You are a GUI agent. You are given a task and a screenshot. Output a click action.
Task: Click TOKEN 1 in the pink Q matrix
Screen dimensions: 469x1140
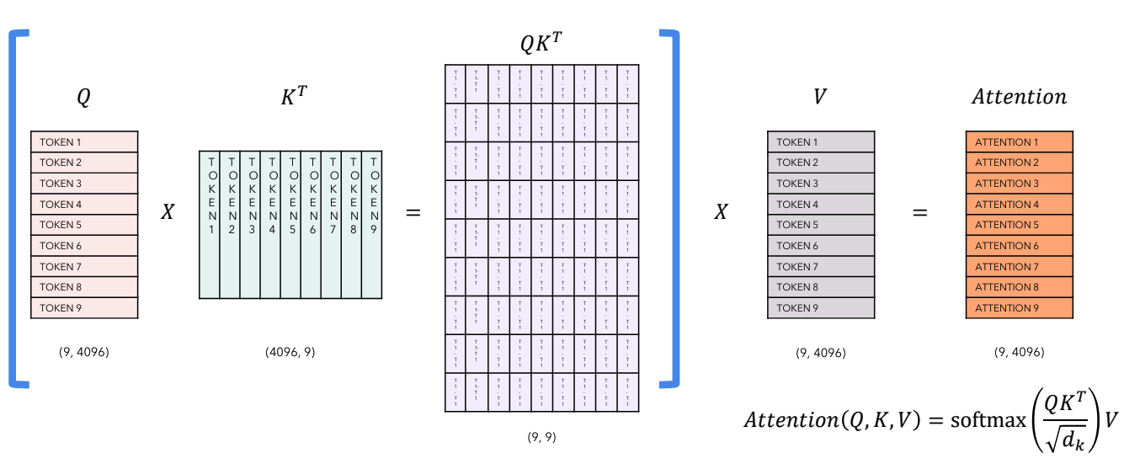click(x=84, y=142)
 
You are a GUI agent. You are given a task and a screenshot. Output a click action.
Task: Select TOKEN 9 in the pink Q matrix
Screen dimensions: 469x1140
click(x=84, y=308)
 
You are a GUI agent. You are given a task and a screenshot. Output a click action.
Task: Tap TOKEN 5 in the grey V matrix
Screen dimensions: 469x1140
click(x=821, y=225)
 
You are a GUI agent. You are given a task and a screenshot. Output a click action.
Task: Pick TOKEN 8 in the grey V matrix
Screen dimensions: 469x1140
click(x=821, y=287)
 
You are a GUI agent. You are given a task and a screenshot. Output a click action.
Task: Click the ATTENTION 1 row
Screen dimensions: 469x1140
click(x=1019, y=142)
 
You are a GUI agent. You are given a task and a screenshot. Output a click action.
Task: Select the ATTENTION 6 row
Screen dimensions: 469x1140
click(x=1019, y=246)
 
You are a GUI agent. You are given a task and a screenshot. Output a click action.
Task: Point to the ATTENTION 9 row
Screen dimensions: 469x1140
click(x=1019, y=308)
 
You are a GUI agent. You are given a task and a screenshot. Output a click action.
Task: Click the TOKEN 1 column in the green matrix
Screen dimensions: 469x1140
click(x=210, y=225)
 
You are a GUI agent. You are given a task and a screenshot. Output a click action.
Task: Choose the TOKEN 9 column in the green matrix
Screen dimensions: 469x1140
click(x=372, y=225)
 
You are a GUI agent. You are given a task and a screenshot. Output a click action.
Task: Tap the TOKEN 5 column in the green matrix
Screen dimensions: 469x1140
click(x=290, y=225)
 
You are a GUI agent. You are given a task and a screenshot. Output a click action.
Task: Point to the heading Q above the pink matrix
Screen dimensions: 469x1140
click(x=83, y=98)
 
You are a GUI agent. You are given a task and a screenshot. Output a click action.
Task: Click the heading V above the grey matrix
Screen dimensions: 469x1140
click(x=819, y=97)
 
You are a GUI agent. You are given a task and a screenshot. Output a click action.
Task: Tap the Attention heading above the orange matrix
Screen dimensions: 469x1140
click(x=1019, y=97)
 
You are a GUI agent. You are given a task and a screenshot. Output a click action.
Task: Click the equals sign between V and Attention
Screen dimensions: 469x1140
click(x=919, y=213)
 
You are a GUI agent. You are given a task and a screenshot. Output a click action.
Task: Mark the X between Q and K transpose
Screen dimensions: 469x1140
click(x=168, y=213)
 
